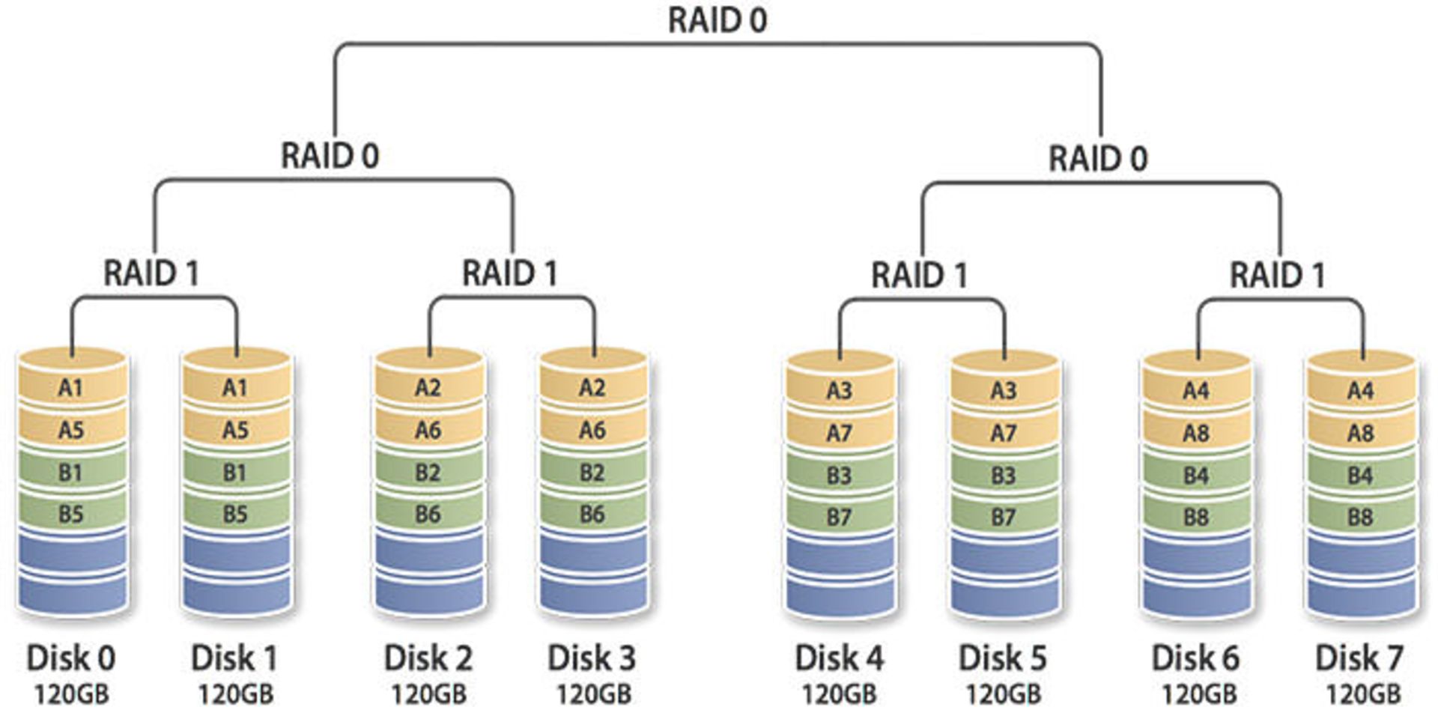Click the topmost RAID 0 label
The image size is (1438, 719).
click(717, 20)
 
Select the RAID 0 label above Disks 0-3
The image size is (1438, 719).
click(330, 156)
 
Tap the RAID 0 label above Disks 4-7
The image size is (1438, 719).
click(1097, 159)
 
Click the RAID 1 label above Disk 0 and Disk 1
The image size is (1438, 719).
click(151, 273)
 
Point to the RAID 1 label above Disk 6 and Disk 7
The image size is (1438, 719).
click(1277, 275)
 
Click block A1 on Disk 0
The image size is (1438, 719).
click(71, 387)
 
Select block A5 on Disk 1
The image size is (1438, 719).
click(235, 430)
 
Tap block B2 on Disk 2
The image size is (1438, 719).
click(428, 473)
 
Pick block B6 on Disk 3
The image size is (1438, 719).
click(592, 514)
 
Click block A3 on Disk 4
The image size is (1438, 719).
click(839, 390)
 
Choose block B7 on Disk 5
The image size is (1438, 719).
click(1003, 517)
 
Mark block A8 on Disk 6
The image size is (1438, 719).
click(1195, 433)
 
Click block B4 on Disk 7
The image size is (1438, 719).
click(1360, 476)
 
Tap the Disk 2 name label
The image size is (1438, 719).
click(428, 658)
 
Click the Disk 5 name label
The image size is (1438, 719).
click(1003, 658)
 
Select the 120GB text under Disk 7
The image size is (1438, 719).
click(1363, 694)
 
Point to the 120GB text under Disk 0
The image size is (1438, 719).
click(71, 694)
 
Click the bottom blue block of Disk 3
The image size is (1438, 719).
click(592, 593)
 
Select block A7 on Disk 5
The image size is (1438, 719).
click(1003, 433)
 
